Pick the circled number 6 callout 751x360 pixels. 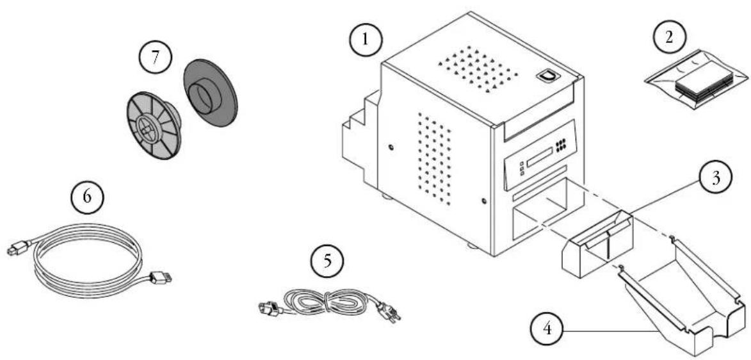pos(86,198)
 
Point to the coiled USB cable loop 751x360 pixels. pos(88,260)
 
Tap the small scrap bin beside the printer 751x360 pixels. pos(597,243)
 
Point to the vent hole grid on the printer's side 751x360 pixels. pos(435,158)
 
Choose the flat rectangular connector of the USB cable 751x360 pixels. pos(161,277)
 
